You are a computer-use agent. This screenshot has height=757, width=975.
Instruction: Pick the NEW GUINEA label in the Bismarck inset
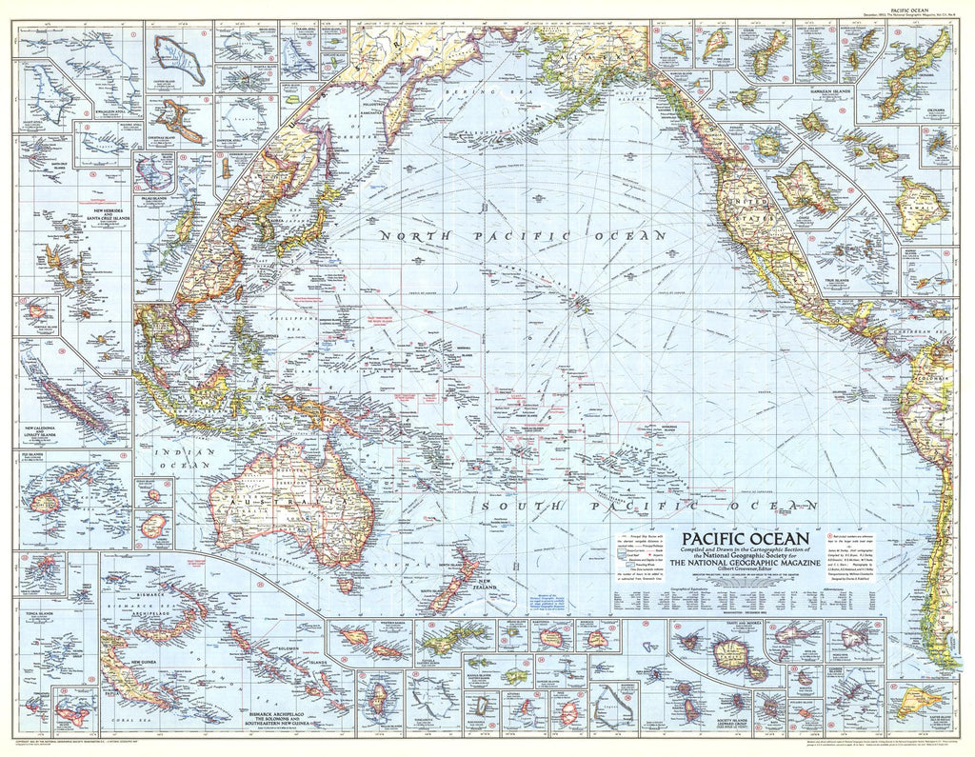pos(131,662)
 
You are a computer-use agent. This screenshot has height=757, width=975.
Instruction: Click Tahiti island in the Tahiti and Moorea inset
pos(732,656)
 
